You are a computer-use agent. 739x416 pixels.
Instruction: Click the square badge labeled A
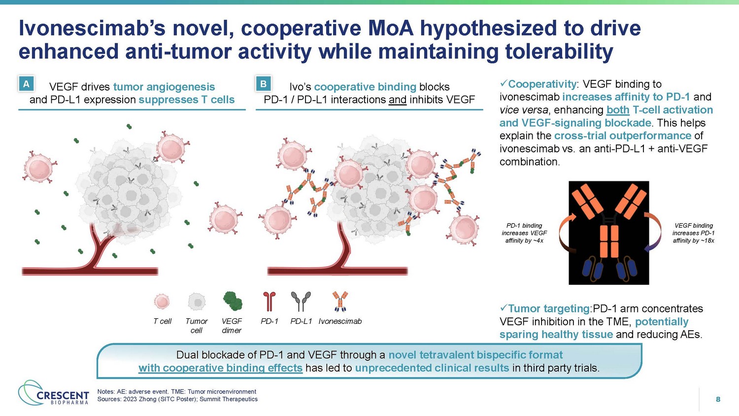click(x=26, y=84)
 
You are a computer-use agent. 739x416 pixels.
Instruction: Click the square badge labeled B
click(x=263, y=84)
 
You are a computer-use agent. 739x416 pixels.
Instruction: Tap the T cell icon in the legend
click(x=162, y=302)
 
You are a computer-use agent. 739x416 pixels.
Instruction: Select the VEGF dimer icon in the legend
click(x=233, y=301)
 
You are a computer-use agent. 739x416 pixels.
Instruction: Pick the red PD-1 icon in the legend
click(x=269, y=301)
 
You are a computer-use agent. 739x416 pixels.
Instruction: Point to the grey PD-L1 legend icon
click(x=301, y=301)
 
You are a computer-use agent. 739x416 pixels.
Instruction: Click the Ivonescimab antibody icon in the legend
click(x=340, y=301)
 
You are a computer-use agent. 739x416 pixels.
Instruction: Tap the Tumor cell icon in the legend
click(x=197, y=302)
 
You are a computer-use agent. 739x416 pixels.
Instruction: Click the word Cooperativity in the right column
click(x=542, y=84)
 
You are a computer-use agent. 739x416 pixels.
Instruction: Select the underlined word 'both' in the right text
click(x=618, y=110)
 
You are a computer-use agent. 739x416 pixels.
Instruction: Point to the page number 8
click(x=718, y=400)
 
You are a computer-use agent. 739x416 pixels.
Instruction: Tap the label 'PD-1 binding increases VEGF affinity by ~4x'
click(x=524, y=233)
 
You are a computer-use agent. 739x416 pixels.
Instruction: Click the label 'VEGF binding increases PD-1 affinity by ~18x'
click(x=694, y=233)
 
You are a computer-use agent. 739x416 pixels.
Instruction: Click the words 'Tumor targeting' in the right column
click(x=549, y=309)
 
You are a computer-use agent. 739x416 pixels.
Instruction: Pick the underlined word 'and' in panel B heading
click(x=398, y=100)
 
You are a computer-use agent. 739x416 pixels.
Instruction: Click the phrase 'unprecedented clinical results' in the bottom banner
click(x=432, y=368)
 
